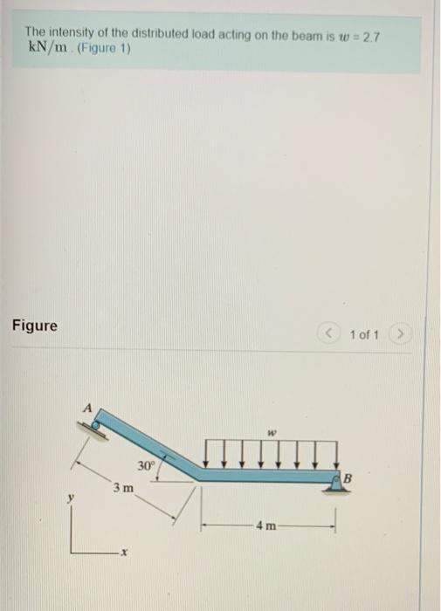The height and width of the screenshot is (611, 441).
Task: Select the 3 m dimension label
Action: click(122, 487)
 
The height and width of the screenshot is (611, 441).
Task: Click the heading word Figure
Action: click(35, 326)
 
